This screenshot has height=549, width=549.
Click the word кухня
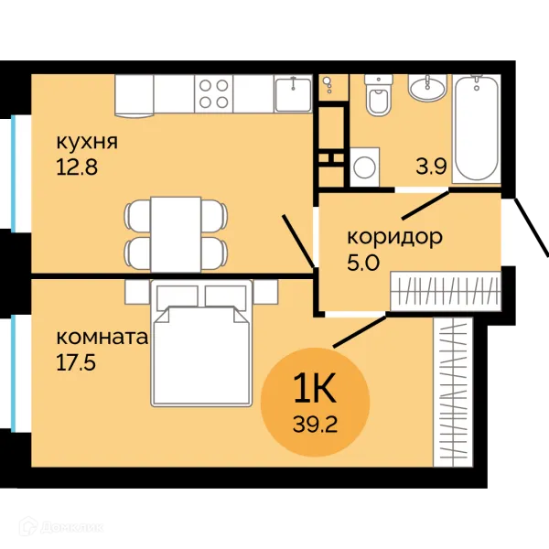point(87,142)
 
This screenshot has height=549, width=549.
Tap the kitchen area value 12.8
point(77,167)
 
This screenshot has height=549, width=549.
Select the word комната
point(102,338)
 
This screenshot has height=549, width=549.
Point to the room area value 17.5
point(76,362)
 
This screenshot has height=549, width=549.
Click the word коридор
point(395,238)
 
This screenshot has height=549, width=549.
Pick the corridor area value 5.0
point(363,263)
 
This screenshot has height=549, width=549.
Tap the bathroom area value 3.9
point(431,167)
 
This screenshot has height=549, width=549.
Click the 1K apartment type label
point(315,387)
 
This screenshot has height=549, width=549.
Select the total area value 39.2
point(315,425)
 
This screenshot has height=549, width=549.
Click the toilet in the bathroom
point(377,94)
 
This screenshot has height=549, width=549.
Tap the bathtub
point(477,128)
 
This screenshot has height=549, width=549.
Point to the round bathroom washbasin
point(427,88)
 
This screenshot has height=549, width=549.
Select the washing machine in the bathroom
point(365,167)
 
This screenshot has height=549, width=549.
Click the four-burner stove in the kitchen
point(213,93)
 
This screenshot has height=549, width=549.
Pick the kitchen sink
point(293,93)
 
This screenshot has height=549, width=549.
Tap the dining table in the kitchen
point(176,234)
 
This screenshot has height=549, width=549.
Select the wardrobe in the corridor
point(446,291)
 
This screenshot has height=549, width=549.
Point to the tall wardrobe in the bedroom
point(453,393)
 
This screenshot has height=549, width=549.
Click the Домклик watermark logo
point(61,527)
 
